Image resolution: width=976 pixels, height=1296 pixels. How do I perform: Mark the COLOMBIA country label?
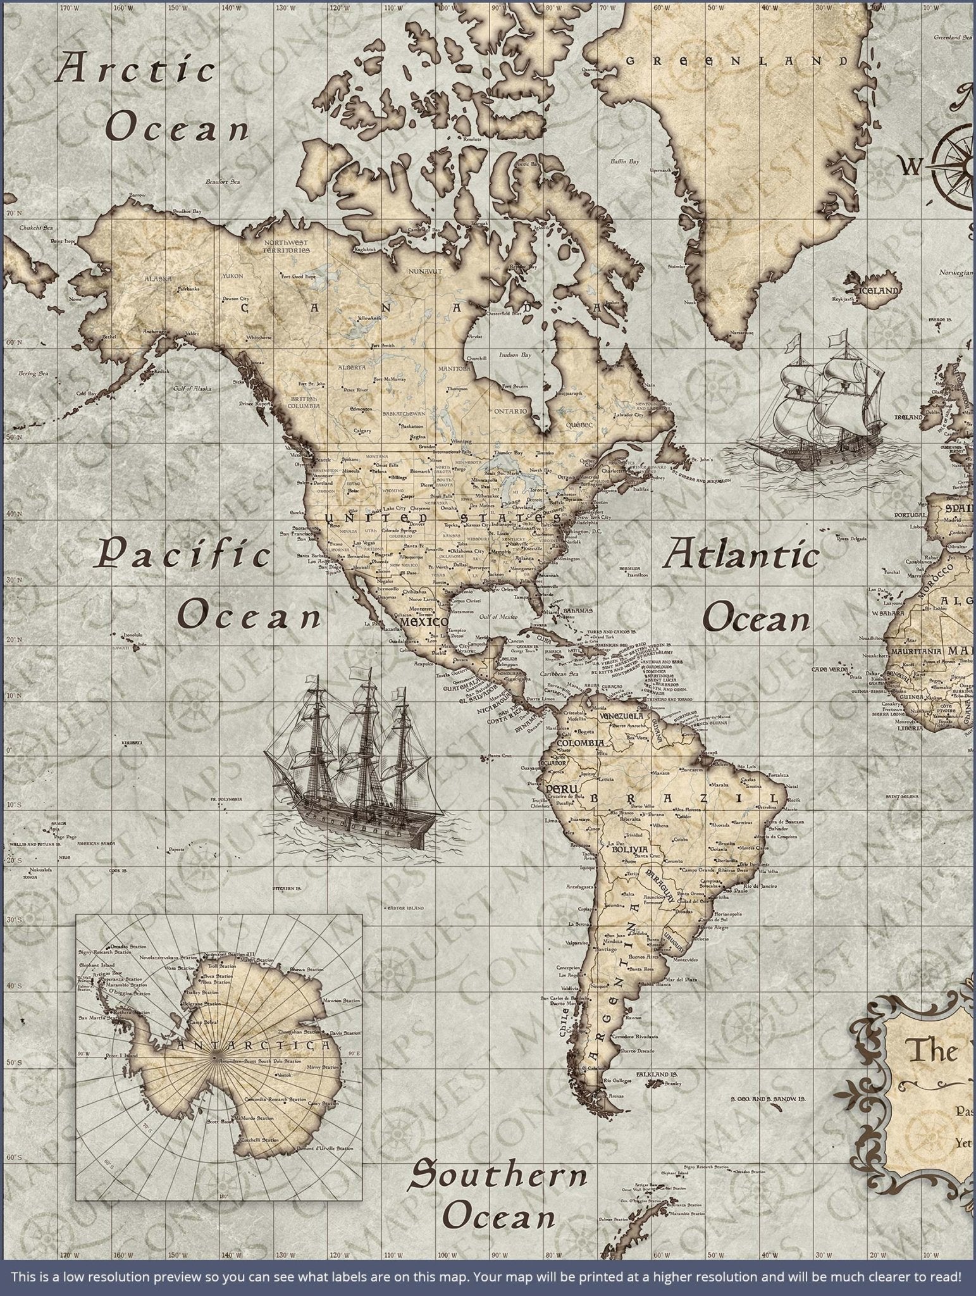(580, 742)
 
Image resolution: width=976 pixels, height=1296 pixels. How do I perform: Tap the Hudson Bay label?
(515, 355)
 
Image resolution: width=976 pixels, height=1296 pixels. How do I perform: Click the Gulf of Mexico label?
(493, 616)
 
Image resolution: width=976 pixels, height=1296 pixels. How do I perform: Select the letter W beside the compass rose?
(911, 166)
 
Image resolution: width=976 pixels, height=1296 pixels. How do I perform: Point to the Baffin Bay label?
(624, 162)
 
